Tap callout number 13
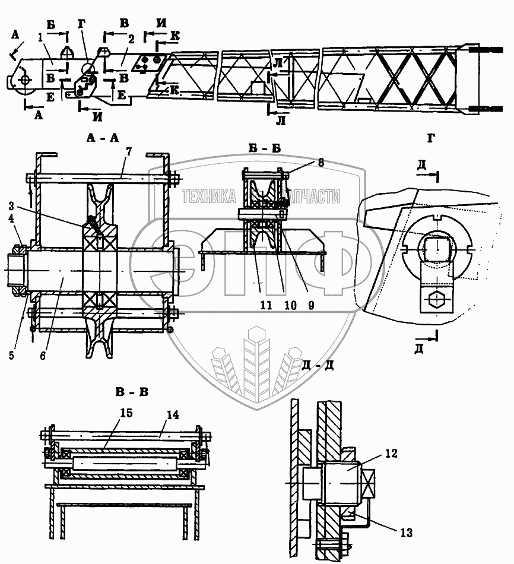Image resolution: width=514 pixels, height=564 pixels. click(x=405, y=531)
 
